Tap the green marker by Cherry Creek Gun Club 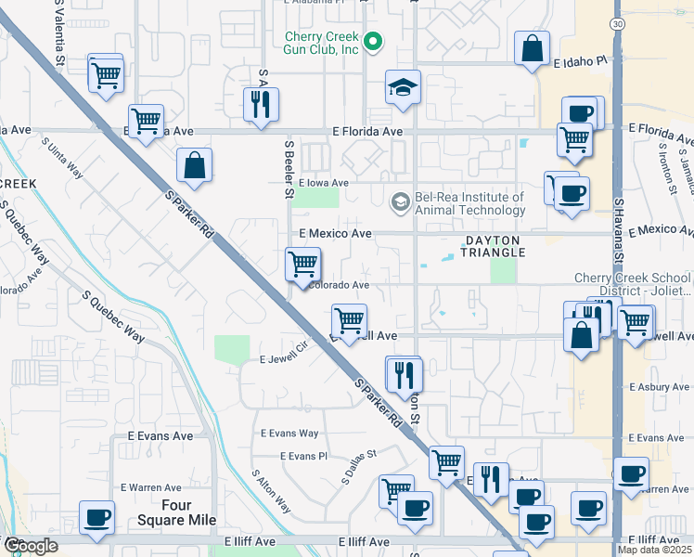(x=373, y=40)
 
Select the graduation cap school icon (x=403, y=88)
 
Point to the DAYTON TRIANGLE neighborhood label (x=495, y=245)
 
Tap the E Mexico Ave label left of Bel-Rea (x=335, y=234)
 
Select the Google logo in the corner (x=30, y=546)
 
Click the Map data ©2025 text (x=655, y=550)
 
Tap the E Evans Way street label (x=289, y=434)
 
